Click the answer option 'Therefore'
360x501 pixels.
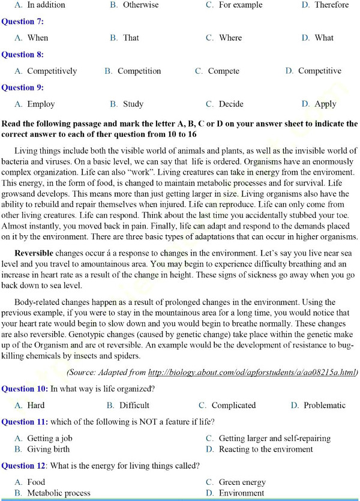point(332,5)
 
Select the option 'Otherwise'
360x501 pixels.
point(141,5)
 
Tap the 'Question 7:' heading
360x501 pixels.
point(22,22)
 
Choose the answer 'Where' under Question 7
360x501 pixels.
point(230,38)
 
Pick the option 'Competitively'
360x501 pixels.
point(52,71)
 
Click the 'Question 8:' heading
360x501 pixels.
point(22,55)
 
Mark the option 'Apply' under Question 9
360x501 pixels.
point(325,104)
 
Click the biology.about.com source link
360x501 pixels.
point(252,372)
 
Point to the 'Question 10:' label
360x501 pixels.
point(25,389)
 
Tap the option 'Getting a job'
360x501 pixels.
point(50,439)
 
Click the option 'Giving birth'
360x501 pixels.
point(48,449)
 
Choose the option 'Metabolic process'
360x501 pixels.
point(59,493)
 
